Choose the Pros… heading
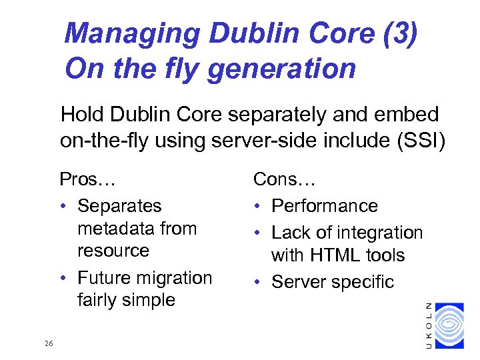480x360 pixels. pyautogui.click(x=88, y=179)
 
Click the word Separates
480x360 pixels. pyautogui.click(x=119, y=206)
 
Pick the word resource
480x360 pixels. pyautogui.click(x=113, y=251)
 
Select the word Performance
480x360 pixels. pyautogui.click(x=325, y=206)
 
